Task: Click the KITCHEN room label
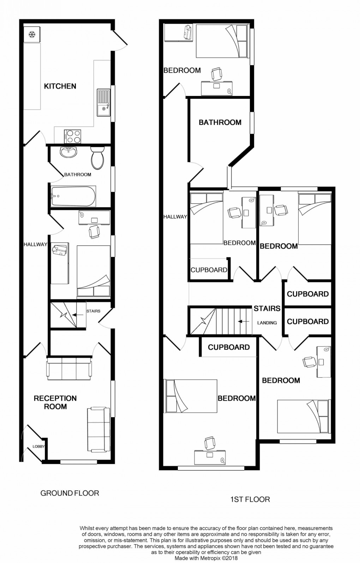tap(60, 86)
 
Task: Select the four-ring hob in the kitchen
tap(73, 136)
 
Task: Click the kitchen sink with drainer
tap(104, 103)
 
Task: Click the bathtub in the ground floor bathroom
tap(73, 196)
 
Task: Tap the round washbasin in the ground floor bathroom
tap(68, 152)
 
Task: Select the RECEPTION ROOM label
tap(55, 402)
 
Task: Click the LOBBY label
tap(38, 447)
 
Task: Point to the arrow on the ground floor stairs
tap(75, 315)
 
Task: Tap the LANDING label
tap(267, 323)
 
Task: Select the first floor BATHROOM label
tap(220, 122)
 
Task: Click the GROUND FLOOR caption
tap(70, 493)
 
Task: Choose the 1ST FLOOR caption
tap(250, 499)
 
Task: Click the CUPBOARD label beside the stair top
tap(229, 347)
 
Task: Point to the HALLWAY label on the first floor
tap(175, 217)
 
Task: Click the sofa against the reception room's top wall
tap(69, 369)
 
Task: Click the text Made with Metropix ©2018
tap(206, 558)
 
